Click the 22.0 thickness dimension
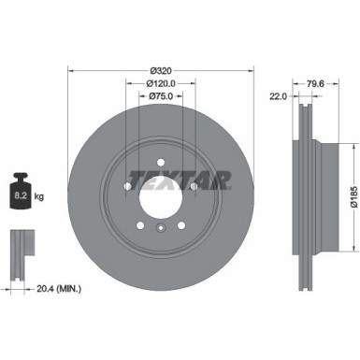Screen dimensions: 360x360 (279, 96)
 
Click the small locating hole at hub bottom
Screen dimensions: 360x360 (160, 227)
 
